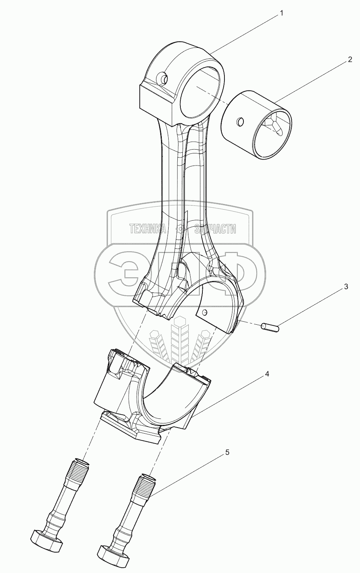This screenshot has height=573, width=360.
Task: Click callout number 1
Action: point(281,13)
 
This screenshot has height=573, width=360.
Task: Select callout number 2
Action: point(350,60)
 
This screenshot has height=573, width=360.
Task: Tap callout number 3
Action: point(346,287)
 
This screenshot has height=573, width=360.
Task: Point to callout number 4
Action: point(267,374)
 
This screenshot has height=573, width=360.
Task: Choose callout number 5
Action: point(227,452)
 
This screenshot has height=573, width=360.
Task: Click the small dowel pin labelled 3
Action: point(270,327)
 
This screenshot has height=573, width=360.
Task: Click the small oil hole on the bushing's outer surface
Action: point(240,122)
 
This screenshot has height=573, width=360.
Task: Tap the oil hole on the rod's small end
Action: point(164,79)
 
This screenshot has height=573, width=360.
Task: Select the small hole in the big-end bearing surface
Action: point(205,313)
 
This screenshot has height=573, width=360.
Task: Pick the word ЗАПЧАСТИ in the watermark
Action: point(215,229)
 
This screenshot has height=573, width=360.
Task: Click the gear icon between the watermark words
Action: point(180,229)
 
